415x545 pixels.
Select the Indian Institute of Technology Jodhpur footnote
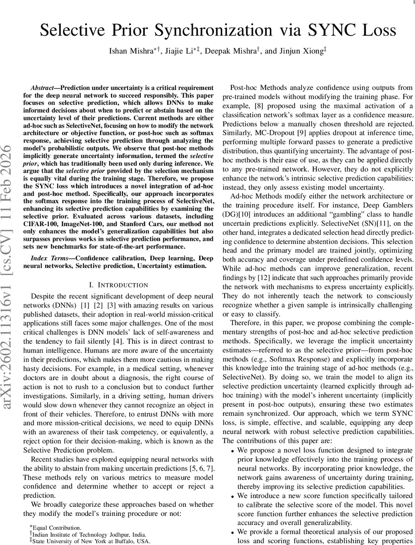click(x=82, y=534)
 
